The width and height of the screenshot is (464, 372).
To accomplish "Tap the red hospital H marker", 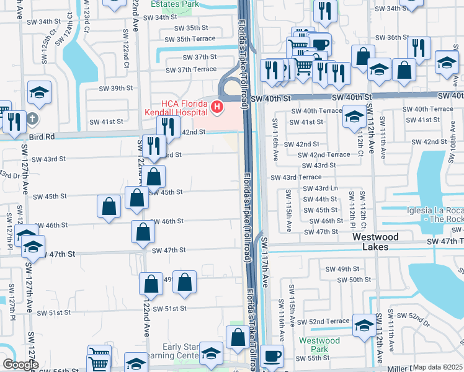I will click(x=217, y=108).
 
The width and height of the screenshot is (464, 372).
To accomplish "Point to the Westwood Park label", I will click(x=319, y=345).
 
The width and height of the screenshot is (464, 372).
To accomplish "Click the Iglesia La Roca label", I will click(x=434, y=215).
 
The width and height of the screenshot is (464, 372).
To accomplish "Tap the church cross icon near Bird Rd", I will click(x=33, y=117).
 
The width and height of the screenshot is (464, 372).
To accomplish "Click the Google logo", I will click(x=20, y=365).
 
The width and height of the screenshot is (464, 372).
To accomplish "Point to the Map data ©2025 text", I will click(x=438, y=368).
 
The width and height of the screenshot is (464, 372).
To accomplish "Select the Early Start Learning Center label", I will click(x=180, y=352).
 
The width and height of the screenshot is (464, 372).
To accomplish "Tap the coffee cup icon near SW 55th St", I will click(x=272, y=356).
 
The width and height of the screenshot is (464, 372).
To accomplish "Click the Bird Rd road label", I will click(x=42, y=136).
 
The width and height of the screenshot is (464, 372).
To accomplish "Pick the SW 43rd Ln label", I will click(x=320, y=188).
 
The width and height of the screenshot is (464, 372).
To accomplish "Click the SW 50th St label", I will click(x=360, y=280).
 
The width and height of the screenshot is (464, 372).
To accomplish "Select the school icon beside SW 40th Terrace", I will click(x=354, y=116).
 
